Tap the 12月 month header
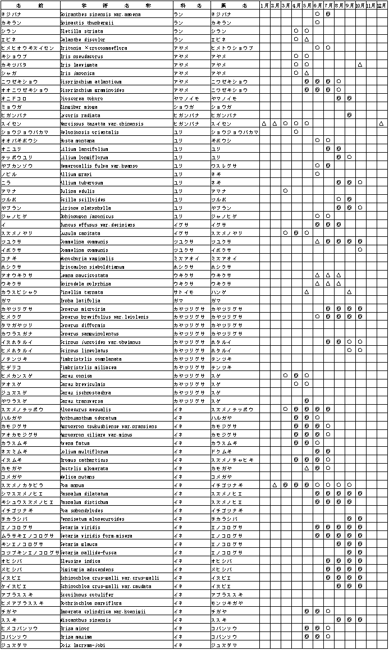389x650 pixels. pyautogui.click(x=382, y=5)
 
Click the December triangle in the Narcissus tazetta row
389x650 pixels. pyautogui.click(x=382, y=123)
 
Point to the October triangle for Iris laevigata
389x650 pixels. pyautogui.click(x=360, y=65)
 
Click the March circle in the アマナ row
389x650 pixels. pyautogui.click(x=285, y=191)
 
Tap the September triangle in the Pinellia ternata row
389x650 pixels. pyautogui.click(x=349, y=292)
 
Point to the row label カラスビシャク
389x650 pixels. pyautogui.click(x=20, y=292)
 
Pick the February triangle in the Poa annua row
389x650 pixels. pyautogui.click(x=274, y=485)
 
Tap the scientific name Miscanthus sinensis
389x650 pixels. pyautogui.click(x=81, y=620)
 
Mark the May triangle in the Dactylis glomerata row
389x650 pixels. pyautogui.click(x=306, y=468)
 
